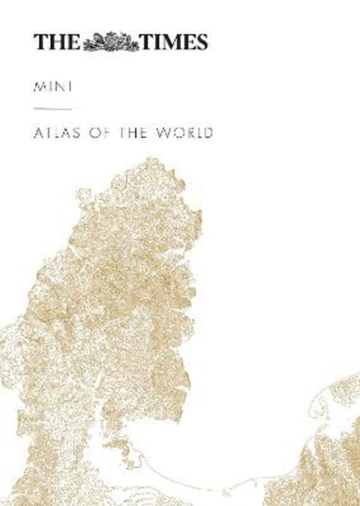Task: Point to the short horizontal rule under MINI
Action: coord(52,111)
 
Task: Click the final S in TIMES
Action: coord(202,41)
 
